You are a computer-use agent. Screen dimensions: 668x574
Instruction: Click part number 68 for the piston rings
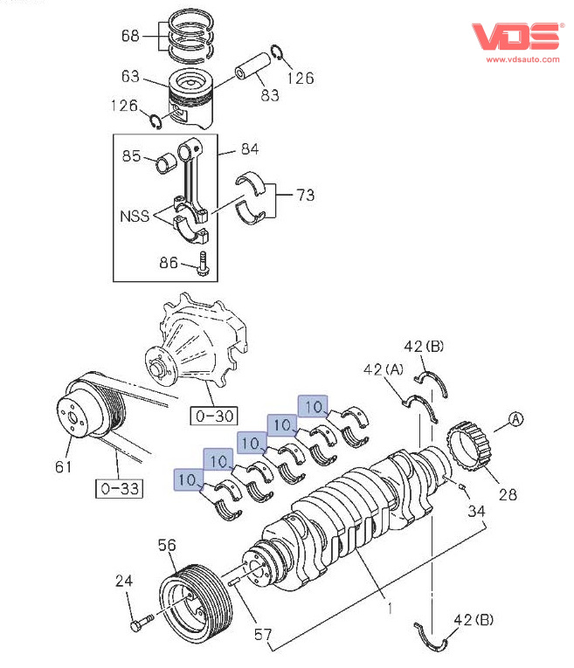(130, 37)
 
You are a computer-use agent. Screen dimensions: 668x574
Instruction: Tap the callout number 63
(130, 77)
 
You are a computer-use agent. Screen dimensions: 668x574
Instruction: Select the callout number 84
(249, 149)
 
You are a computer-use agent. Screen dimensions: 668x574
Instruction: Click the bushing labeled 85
(166, 162)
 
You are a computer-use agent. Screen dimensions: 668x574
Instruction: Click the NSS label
(135, 216)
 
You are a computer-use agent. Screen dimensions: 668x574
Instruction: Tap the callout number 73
(305, 195)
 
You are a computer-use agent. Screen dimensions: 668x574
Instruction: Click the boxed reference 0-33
(118, 487)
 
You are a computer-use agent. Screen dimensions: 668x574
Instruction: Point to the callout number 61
(63, 467)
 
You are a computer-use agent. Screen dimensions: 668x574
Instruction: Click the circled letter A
(515, 420)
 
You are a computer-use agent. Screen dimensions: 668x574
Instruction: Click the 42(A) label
(383, 370)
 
